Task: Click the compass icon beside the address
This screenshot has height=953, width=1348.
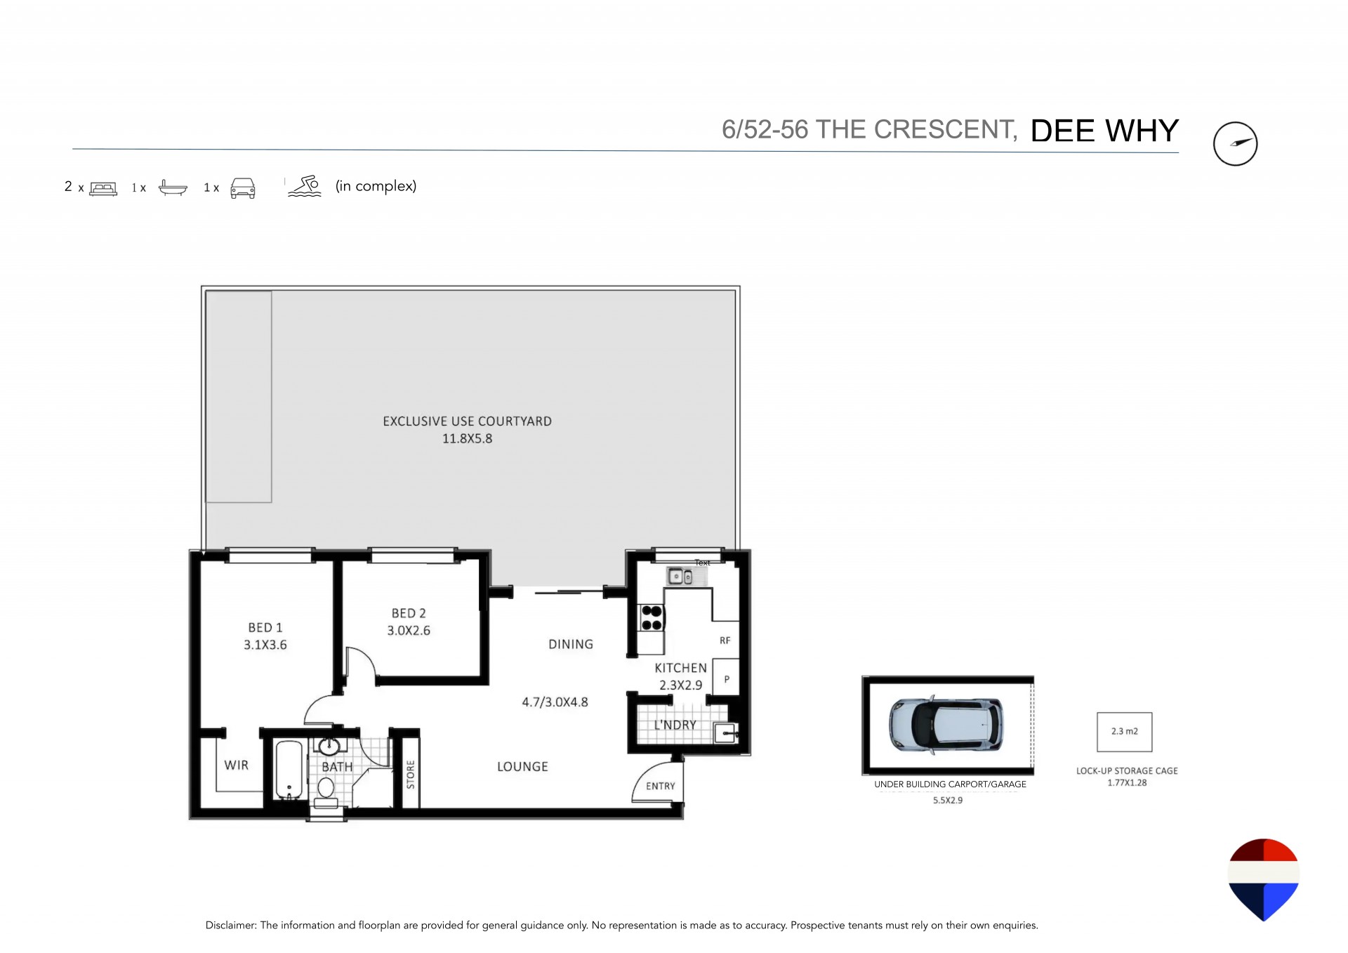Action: [1235, 144]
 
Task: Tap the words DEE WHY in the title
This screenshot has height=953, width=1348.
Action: [1104, 131]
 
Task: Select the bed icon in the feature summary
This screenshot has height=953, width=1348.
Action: [103, 188]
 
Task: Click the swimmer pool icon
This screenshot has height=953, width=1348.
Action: [305, 186]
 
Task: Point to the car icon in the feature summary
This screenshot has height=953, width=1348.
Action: [243, 188]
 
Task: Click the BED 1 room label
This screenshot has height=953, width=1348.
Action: [265, 627]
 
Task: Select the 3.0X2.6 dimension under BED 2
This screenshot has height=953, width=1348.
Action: [409, 631]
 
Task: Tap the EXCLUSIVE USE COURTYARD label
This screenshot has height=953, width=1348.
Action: [467, 421]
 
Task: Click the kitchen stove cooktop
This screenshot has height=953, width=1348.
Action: [652, 618]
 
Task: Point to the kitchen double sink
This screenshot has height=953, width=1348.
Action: [680, 577]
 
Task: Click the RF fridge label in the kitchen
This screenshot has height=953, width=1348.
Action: [725, 640]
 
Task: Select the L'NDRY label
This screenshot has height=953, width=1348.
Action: [675, 725]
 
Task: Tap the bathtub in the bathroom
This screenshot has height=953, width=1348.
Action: [289, 770]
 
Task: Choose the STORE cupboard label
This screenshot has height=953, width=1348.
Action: [411, 775]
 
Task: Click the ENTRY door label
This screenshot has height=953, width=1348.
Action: [661, 786]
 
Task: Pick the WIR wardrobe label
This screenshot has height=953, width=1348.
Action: [237, 765]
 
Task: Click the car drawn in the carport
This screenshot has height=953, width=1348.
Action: [946, 725]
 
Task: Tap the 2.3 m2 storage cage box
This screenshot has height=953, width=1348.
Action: [1125, 732]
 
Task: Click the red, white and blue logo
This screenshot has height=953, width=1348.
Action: [1263, 879]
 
